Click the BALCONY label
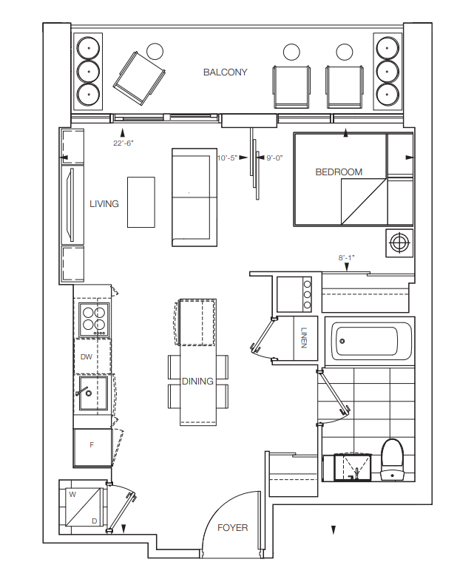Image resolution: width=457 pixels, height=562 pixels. point(225,72)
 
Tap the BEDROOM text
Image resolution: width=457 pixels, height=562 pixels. point(339,172)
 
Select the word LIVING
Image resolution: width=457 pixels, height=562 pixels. point(104,203)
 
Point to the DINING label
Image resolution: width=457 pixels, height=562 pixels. point(197,381)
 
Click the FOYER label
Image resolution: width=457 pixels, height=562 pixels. point(233,527)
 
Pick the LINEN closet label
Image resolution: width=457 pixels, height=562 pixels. point(304,338)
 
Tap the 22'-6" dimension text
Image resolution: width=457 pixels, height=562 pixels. point(123,143)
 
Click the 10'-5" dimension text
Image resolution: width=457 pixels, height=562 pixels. point(227,158)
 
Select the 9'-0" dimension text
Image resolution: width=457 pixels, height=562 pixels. point(274,158)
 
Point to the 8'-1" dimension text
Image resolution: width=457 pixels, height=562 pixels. point(346,257)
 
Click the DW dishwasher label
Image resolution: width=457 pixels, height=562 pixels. point(86,356)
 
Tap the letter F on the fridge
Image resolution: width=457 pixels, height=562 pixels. point(92,445)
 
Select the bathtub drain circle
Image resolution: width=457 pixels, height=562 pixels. point(342,341)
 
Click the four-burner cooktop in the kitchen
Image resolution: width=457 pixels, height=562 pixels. point(94,319)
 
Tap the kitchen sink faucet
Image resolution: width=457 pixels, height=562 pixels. point(82,390)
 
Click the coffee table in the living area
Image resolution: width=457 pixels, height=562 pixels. point(141,202)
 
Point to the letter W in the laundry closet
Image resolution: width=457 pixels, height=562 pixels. point(72,495)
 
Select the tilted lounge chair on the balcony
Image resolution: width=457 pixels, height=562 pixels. point(139,78)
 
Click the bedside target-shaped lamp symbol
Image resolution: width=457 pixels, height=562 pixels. point(399,243)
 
